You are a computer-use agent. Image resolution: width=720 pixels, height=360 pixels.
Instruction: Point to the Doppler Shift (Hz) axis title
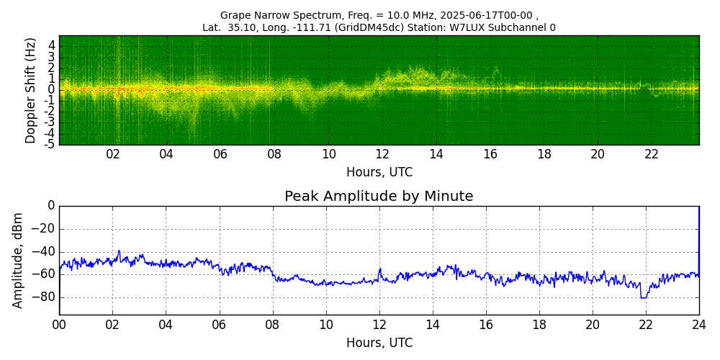click(30, 90)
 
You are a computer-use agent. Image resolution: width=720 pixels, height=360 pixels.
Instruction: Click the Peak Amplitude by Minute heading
click(379, 196)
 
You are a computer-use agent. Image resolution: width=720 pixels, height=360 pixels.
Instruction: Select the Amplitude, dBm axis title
click(17, 261)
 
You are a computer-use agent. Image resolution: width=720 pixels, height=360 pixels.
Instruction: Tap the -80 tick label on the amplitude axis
click(45, 297)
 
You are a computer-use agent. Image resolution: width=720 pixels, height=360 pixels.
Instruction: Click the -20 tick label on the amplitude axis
click(45, 229)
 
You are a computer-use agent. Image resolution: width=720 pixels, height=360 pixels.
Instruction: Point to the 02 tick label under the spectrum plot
click(113, 155)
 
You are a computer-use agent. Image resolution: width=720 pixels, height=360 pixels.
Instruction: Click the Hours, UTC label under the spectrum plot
click(379, 172)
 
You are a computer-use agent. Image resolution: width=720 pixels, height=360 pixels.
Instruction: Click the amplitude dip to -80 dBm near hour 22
click(644, 297)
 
